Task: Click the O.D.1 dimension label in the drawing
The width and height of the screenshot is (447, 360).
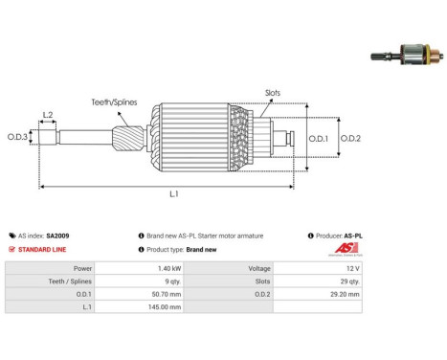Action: tap(319, 139)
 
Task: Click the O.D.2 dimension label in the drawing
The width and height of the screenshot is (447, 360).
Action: tap(350, 139)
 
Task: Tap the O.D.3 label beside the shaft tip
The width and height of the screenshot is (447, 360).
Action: tap(17, 137)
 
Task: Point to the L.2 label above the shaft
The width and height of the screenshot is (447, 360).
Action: tap(48, 115)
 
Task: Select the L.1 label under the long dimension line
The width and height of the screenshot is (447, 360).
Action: tap(174, 193)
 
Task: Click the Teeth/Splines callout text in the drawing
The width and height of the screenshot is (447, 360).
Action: tap(114, 102)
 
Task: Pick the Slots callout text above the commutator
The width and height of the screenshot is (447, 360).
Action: tap(273, 93)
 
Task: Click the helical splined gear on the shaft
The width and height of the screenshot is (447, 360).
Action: tap(128, 139)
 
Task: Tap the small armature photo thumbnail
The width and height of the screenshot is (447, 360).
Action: tap(407, 55)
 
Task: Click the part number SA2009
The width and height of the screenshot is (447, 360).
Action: tap(57, 236)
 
